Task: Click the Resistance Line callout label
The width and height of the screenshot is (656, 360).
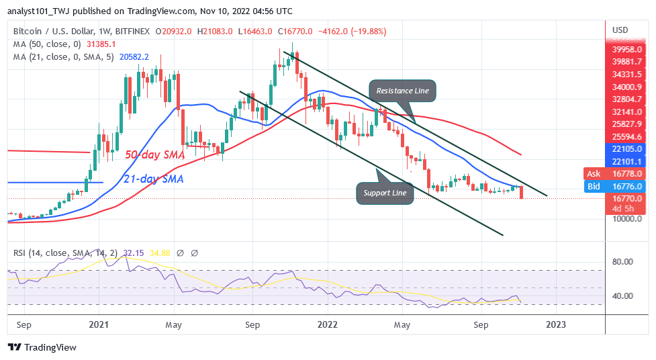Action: pyautogui.click(x=403, y=91)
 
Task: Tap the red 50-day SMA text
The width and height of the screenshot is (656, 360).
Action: pyautogui.click(x=155, y=154)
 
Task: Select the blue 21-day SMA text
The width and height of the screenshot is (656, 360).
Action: pyautogui.click(x=154, y=179)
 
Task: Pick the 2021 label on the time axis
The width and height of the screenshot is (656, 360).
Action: pyautogui.click(x=99, y=324)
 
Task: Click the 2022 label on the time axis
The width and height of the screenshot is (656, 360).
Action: pyautogui.click(x=327, y=324)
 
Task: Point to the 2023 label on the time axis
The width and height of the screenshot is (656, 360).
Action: pyautogui.click(x=556, y=324)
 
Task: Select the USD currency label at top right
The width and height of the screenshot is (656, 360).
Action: pyautogui.click(x=620, y=30)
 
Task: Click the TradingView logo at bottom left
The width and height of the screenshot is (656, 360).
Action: pyautogui.click(x=42, y=347)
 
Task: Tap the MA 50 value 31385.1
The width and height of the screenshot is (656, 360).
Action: pyautogui.click(x=101, y=44)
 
